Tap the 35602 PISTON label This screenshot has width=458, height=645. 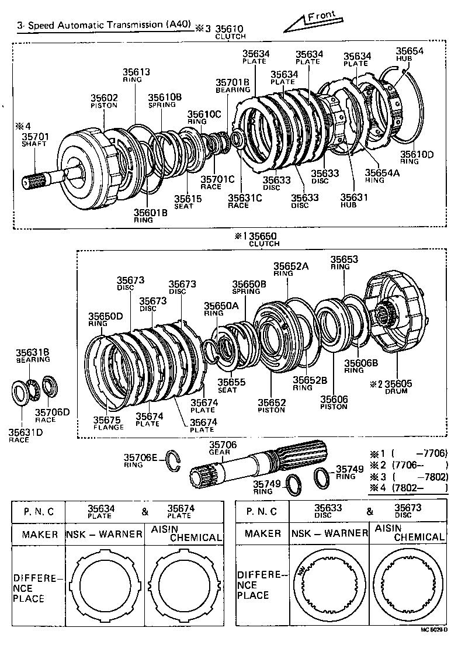(x=103, y=102)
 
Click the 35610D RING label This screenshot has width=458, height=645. (x=417, y=158)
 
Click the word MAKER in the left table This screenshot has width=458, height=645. (x=40, y=534)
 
